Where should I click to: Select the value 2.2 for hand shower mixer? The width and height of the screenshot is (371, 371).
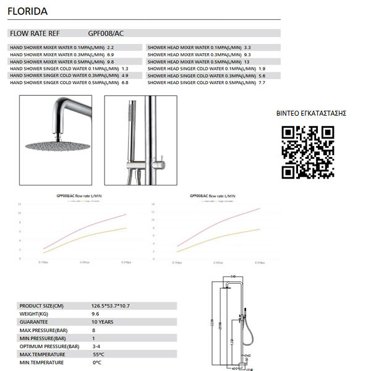[111, 47]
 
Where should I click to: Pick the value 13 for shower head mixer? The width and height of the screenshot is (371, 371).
[247, 61]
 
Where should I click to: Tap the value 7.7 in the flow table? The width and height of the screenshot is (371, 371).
[262, 82]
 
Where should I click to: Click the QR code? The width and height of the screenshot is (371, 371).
[308, 152]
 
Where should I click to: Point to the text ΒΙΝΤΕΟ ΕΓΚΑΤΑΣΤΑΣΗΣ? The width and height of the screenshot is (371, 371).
[310, 113]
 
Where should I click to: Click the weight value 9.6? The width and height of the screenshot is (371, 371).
[96, 314]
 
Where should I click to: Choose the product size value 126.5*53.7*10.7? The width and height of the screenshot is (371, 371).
[111, 306]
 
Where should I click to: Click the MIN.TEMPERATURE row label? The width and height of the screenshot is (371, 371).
[42, 362]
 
